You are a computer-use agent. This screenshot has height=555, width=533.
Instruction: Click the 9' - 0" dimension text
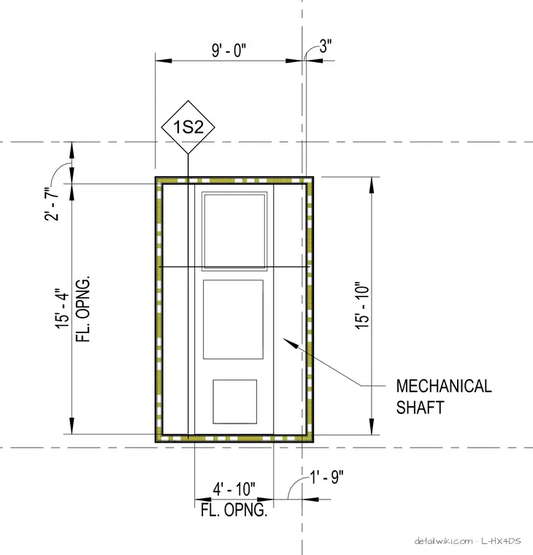(229, 50)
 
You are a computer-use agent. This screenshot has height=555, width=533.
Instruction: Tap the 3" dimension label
(326, 46)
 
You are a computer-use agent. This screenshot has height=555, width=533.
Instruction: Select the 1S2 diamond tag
(188, 127)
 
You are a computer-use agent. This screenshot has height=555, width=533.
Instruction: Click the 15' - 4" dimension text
(61, 308)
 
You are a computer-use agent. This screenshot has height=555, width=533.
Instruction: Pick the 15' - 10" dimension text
(362, 306)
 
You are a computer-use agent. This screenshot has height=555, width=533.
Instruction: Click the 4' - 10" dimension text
(234, 489)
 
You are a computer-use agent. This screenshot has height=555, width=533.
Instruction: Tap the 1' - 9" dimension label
(327, 477)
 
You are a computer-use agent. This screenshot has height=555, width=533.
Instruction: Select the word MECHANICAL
(444, 386)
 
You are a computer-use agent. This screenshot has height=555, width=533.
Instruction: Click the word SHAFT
(420, 407)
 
